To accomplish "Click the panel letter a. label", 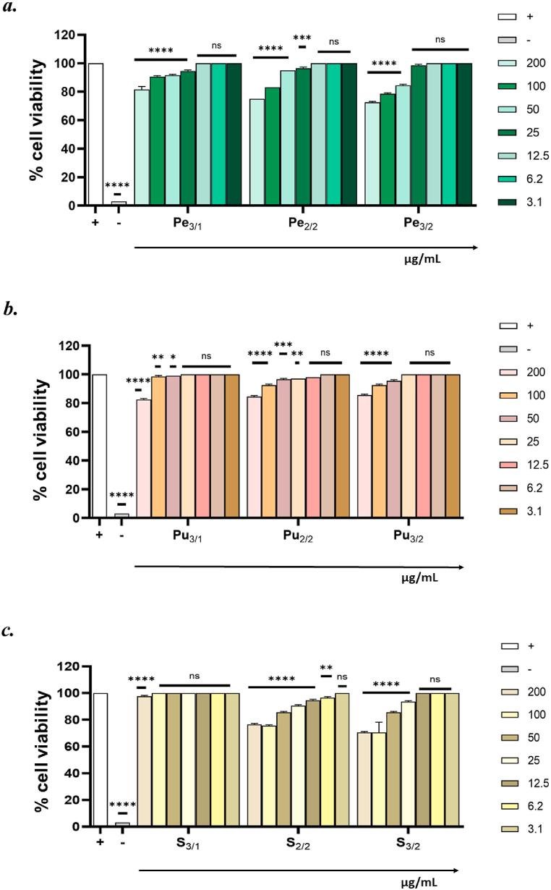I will (12, 12).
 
